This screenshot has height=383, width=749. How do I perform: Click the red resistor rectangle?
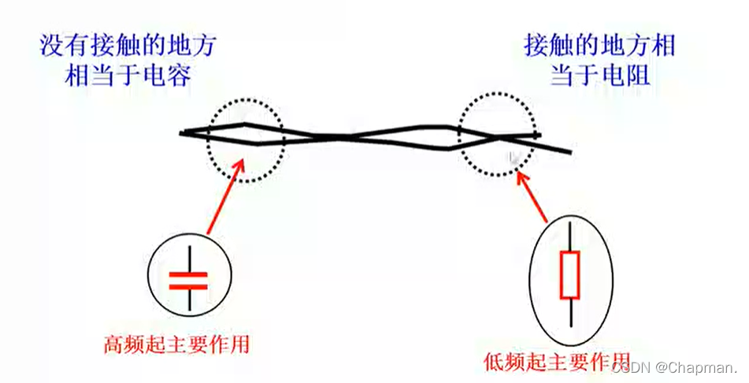(570, 275)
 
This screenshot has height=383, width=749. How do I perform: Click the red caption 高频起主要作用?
(181, 344)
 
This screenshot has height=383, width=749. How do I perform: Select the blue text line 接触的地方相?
(599, 44)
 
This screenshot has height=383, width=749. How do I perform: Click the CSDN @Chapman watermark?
(674, 367)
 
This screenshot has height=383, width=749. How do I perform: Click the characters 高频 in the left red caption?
(126, 344)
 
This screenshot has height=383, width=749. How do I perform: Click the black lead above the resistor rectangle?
(570, 237)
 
